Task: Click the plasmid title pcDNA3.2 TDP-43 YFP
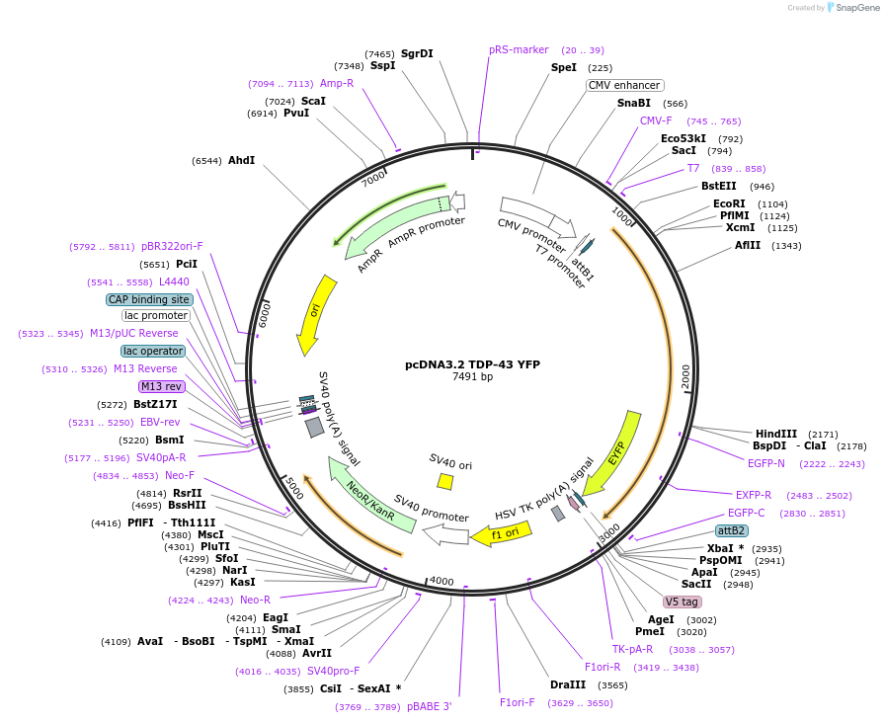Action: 472,364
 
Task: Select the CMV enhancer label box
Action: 624,85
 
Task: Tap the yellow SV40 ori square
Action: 445,481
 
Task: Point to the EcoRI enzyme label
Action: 729,204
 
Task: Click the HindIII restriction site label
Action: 775,434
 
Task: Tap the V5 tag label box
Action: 682,602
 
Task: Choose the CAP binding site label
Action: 149,299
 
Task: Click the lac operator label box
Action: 153,351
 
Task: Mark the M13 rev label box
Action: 161,386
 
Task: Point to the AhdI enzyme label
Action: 241,160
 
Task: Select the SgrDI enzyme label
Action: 417,53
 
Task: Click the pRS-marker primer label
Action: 519,49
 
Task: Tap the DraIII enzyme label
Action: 568,684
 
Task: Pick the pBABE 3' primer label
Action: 429,706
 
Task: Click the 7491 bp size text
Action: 472,376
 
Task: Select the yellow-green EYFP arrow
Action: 613,454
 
